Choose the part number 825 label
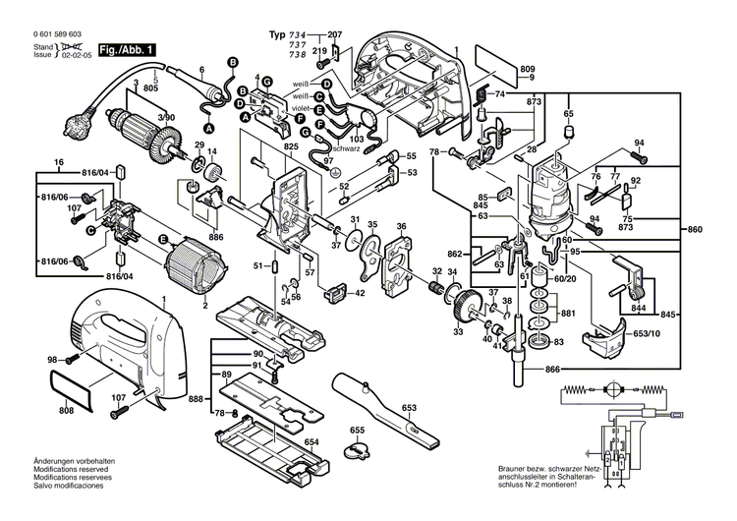tap(291, 147)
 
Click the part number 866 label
tap(553, 370)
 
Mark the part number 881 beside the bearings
tap(567, 314)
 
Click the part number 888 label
tap(197, 400)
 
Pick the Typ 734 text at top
tap(288, 34)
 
